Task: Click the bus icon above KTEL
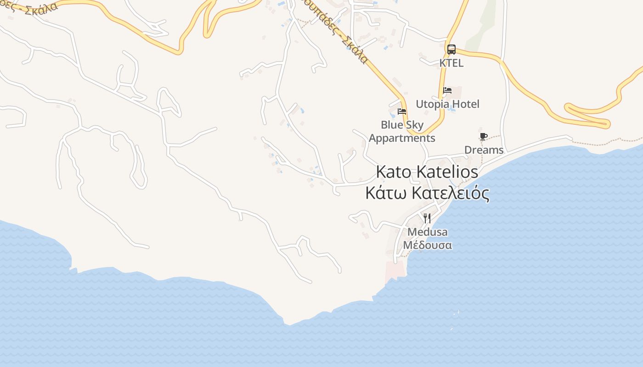click(x=451, y=50)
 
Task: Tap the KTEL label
click(x=451, y=63)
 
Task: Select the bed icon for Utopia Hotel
click(x=447, y=90)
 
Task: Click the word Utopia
click(x=432, y=104)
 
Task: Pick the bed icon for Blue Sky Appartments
click(x=402, y=111)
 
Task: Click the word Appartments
click(x=402, y=138)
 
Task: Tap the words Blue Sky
click(x=402, y=125)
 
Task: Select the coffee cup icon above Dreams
click(x=483, y=137)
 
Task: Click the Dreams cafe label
click(x=484, y=150)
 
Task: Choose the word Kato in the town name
click(x=394, y=172)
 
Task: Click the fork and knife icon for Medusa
click(x=427, y=218)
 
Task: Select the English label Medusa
click(x=427, y=232)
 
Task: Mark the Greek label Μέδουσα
click(x=427, y=245)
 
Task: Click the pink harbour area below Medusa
click(x=395, y=270)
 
